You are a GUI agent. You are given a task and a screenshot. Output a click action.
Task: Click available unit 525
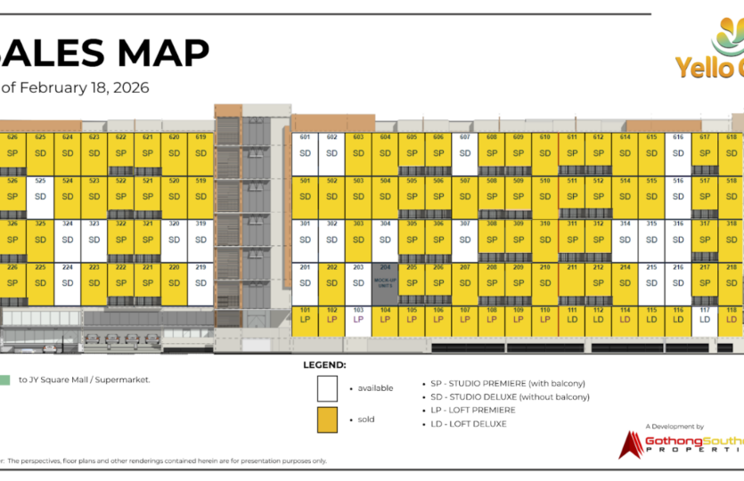tap(39, 195)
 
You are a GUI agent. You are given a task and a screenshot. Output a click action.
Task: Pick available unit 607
tap(464, 151)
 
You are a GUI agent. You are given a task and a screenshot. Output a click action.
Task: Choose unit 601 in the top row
tap(305, 151)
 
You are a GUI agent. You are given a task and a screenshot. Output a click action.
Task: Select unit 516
tap(678, 195)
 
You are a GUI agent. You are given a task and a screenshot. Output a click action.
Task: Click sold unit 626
tap(12, 151)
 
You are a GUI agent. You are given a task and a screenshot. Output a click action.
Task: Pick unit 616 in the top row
tap(678, 151)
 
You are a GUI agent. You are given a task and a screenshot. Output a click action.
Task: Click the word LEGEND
tap(324, 365)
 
